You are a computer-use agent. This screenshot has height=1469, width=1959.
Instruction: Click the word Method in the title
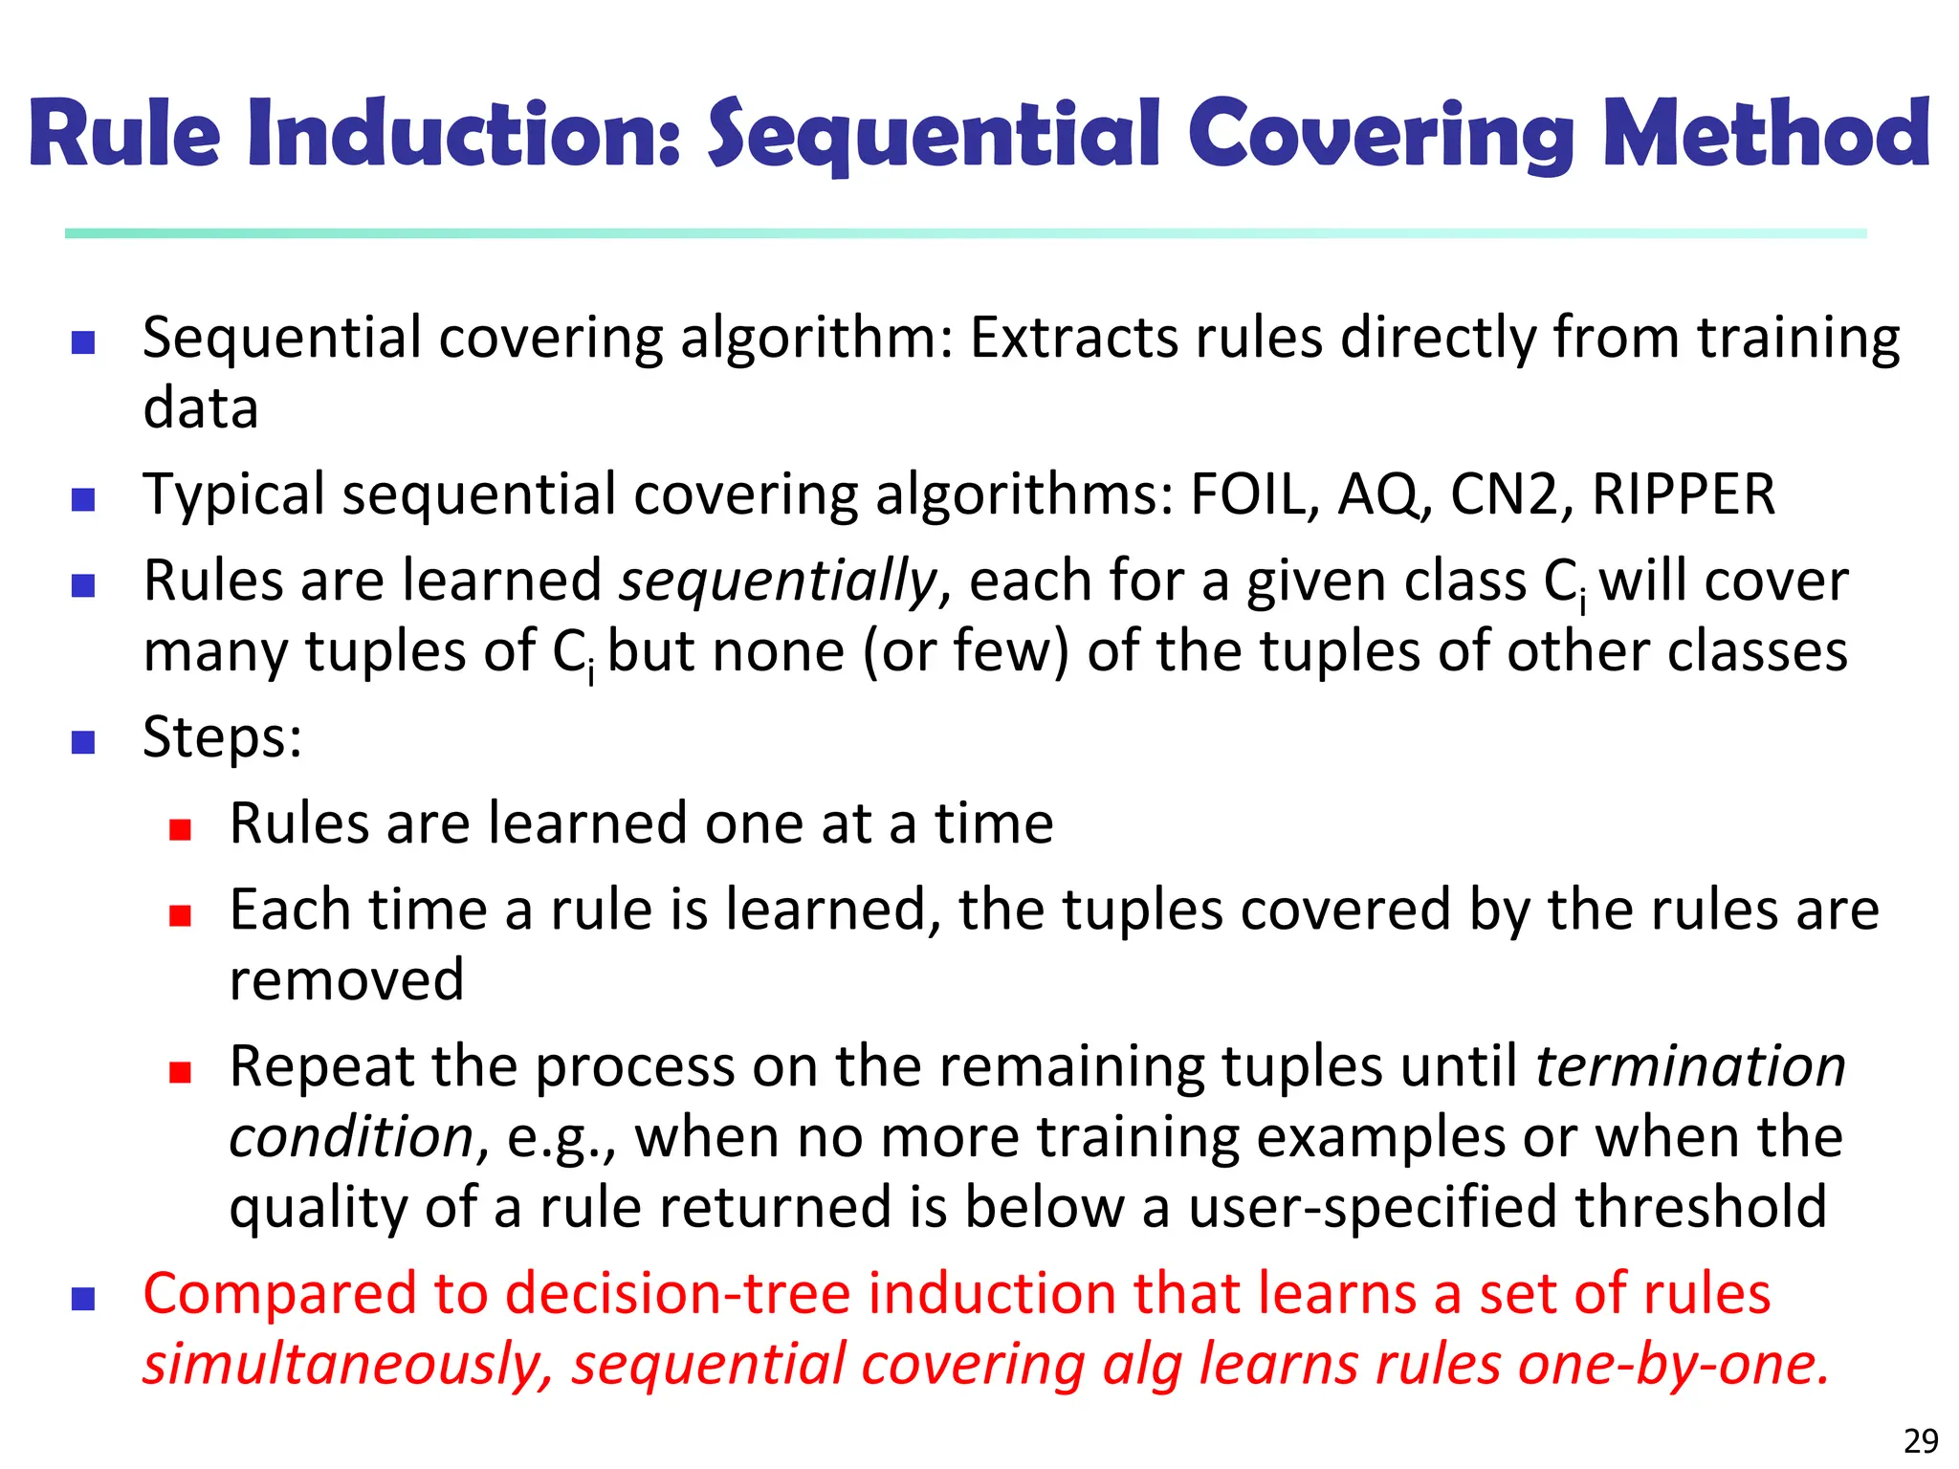click(1766, 134)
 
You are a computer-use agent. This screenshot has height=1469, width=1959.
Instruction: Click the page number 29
click(1921, 1440)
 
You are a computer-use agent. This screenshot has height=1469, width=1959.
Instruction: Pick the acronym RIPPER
click(1683, 494)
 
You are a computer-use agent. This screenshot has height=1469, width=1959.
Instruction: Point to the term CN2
click(1504, 494)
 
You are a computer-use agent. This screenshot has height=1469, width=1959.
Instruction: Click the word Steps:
click(222, 738)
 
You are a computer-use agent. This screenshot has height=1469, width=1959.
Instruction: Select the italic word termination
click(1690, 1066)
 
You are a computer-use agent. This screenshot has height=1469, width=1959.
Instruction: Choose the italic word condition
click(351, 1137)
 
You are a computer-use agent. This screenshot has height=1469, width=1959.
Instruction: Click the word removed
click(346, 980)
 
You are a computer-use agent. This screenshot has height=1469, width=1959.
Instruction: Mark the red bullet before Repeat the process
click(180, 1072)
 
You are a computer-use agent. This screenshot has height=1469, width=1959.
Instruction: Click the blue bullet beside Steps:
click(83, 742)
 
